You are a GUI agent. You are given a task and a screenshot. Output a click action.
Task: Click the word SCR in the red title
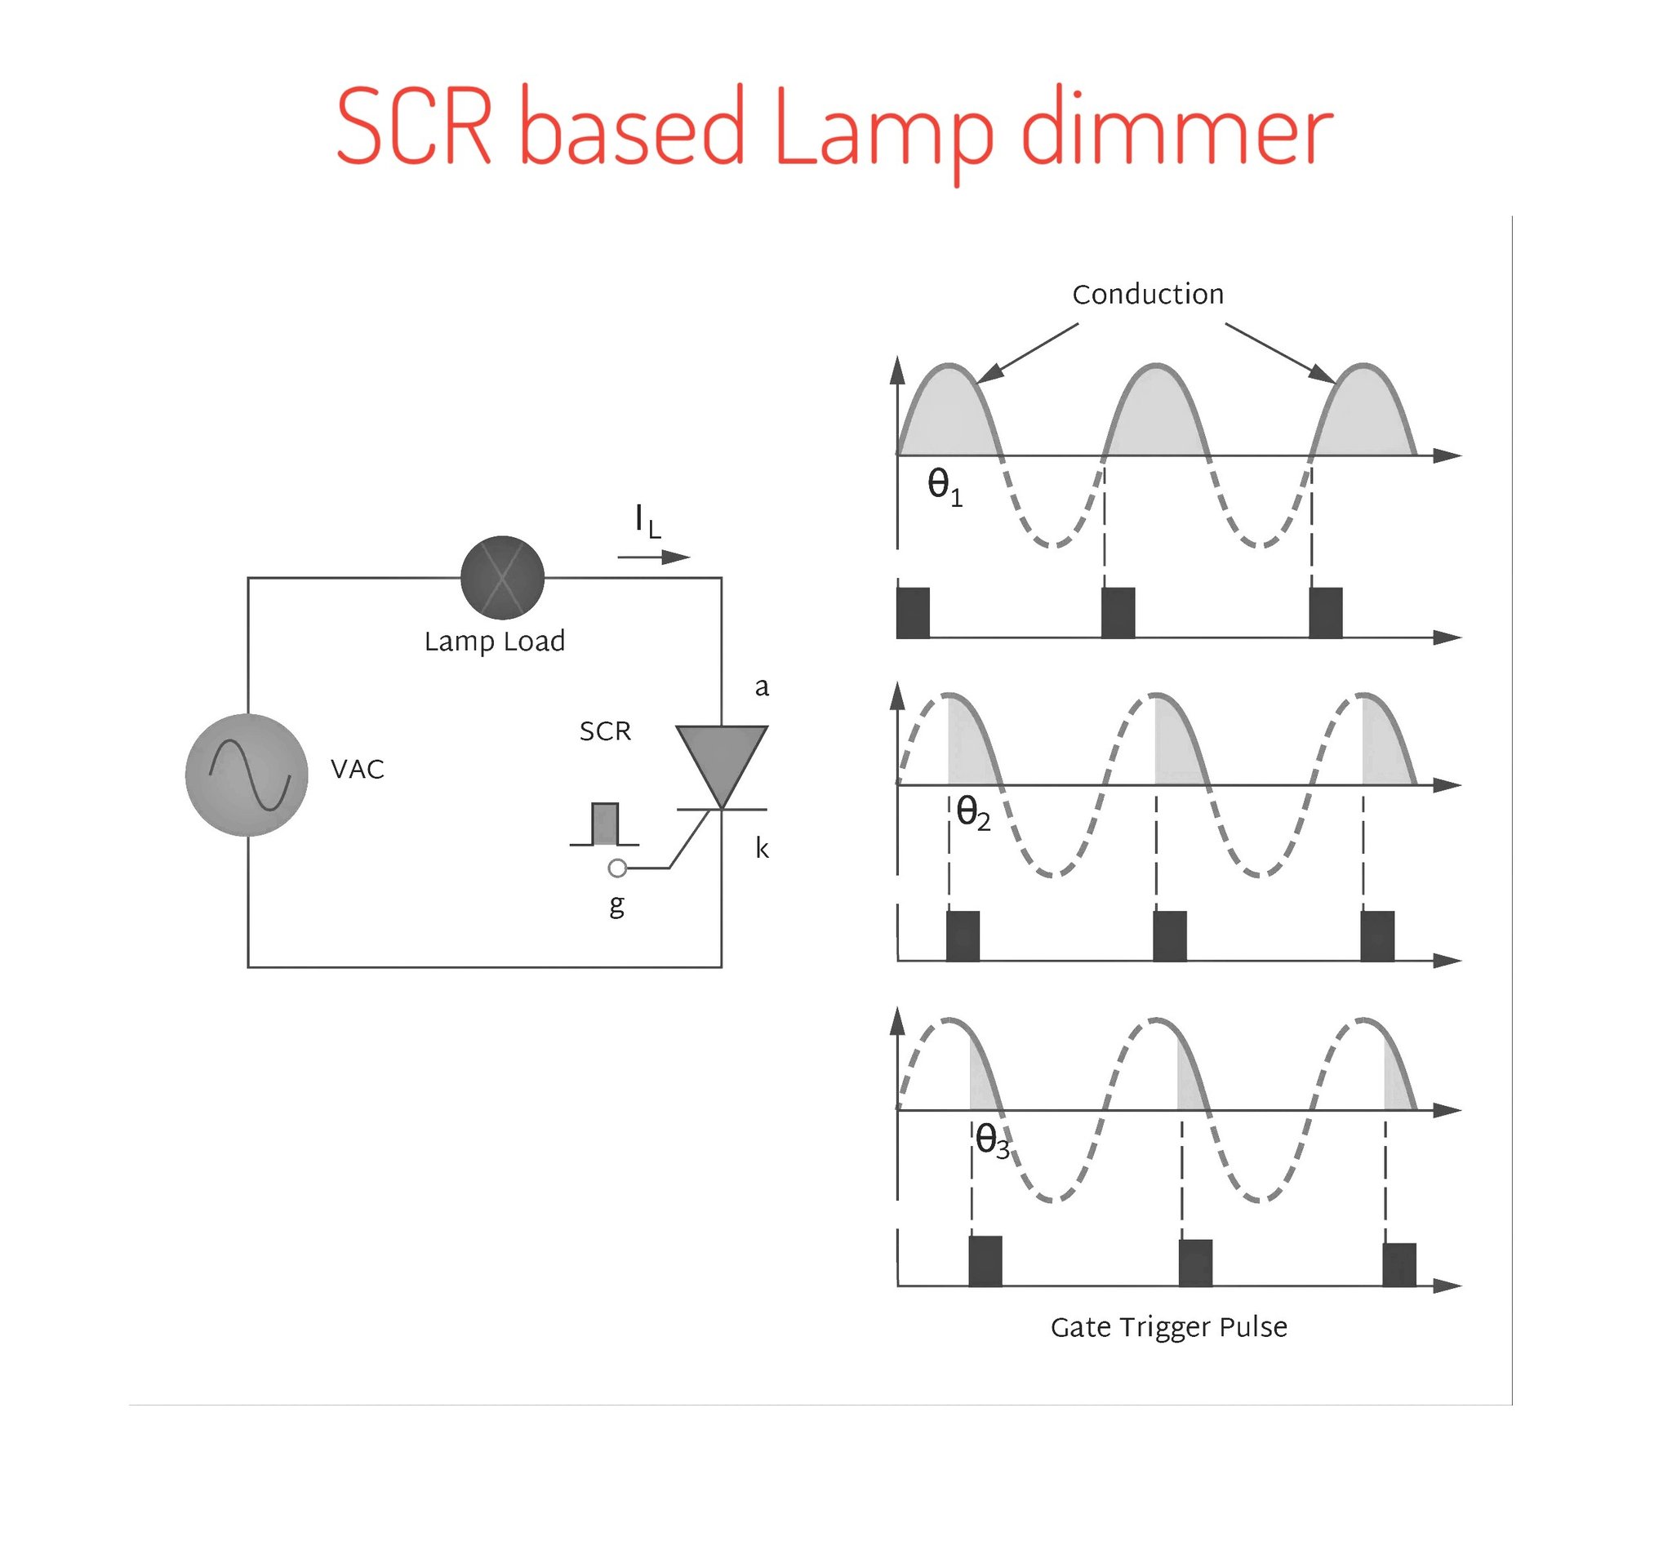point(415,127)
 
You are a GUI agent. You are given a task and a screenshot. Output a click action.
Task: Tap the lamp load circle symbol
point(502,577)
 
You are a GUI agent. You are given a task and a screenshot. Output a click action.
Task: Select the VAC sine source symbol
point(247,775)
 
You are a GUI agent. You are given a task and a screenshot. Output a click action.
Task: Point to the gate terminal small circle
point(617,868)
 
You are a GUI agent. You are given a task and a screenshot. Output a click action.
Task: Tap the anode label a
point(762,687)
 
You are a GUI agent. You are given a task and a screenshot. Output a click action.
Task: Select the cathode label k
point(762,848)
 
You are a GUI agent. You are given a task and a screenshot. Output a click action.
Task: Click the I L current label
point(648,522)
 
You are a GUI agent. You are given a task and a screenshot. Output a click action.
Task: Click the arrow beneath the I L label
point(655,557)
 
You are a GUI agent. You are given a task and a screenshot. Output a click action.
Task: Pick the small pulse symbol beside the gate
point(605,824)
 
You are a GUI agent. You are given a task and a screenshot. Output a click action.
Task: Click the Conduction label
point(1149,295)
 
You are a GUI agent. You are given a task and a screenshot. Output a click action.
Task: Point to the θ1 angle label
point(945,487)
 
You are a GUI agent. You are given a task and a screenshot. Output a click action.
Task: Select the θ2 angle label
point(973,813)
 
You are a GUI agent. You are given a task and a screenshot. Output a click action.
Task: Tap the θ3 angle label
point(993,1140)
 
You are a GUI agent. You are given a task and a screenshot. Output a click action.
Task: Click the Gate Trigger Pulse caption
point(1168,1326)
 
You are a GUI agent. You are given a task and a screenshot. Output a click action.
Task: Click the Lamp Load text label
point(495,642)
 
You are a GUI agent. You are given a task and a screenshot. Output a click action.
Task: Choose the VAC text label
point(358,769)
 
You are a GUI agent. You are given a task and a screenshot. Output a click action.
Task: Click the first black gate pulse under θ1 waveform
point(913,613)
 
